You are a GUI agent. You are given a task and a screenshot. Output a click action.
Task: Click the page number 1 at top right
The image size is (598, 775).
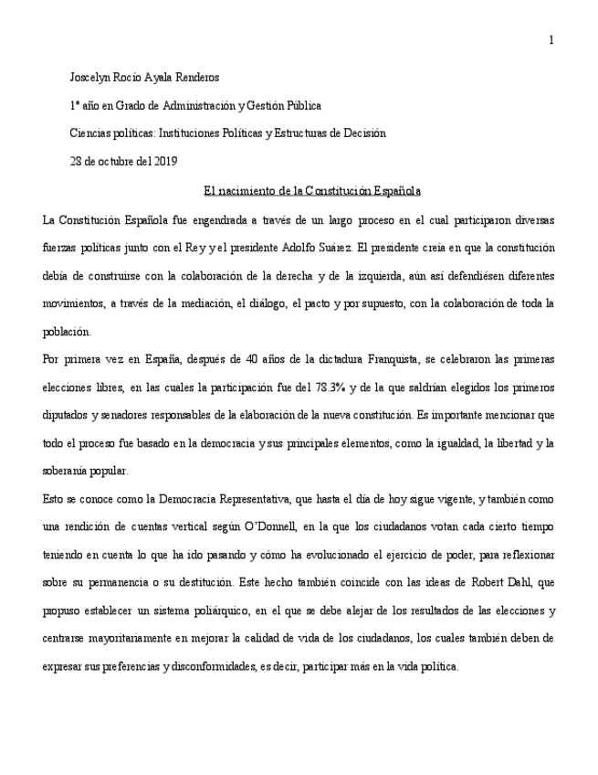(551, 39)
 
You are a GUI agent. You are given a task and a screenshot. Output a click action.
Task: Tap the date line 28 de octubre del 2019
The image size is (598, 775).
(123, 162)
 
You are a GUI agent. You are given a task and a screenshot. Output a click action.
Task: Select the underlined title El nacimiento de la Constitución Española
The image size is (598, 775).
(312, 191)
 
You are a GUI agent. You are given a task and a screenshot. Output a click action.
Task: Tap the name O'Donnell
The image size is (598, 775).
(312, 527)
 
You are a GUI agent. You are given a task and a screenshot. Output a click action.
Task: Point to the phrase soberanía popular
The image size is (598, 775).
(86, 471)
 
